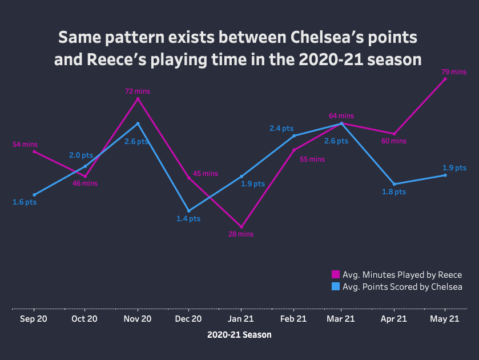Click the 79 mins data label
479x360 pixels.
click(x=454, y=72)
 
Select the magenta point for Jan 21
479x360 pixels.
click(x=241, y=227)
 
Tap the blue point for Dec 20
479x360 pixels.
click(x=189, y=211)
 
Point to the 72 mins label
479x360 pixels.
click(x=138, y=91)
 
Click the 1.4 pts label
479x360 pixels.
click(x=188, y=219)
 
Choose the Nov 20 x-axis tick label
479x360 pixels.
click(x=138, y=319)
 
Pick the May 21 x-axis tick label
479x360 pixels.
click(x=445, y=319)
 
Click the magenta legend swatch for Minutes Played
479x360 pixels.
click(x=336, y=274)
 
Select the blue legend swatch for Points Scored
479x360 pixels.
click(x=336, y=286)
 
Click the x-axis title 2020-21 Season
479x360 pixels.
click(x=239, y=335)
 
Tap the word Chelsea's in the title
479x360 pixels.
click(x=327, y=37)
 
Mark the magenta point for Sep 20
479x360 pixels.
click(x=34, y=151)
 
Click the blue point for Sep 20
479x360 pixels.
click(x=34, y=195)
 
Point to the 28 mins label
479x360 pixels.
click(x=241, y=234)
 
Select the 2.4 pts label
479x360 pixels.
click(x=281, y=129)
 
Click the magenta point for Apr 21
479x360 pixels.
click(x=395, y=134)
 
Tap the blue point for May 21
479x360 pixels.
click(x=445, y=175)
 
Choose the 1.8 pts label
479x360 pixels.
click(x=394, y=192)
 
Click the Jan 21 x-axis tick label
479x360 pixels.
click(x=241, y=319)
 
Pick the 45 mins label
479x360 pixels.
click(x=206, y=174)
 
